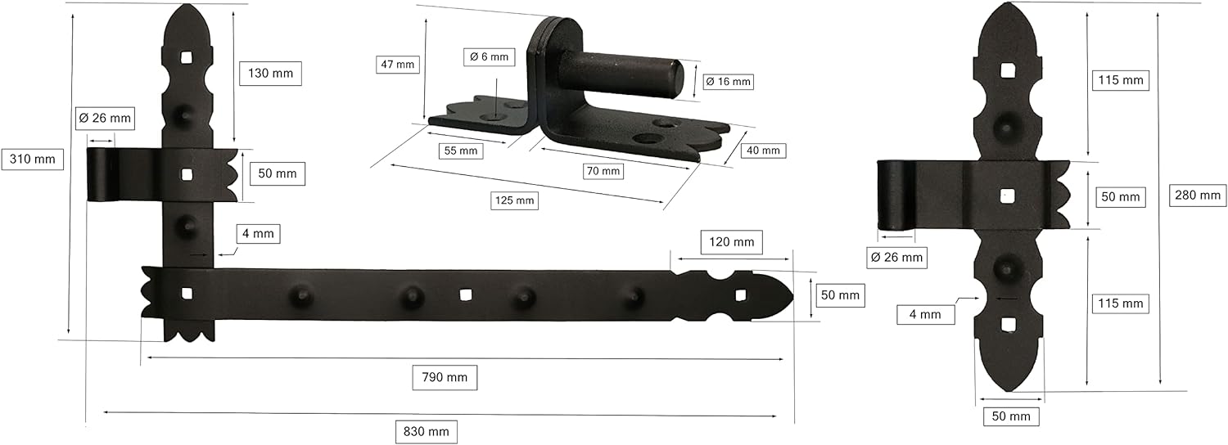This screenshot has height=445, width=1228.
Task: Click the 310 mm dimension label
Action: pyautogui.click(x=33, y=160)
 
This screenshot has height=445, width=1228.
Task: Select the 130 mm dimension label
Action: pyautogui.click(x=270, y=74)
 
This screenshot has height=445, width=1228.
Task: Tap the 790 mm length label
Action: pyautogui.click(x=445, y=378)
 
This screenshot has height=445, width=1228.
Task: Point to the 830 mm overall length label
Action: pyautogui.click(x=426, y=432)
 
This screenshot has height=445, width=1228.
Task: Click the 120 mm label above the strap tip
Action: pyautogui.click(x=731, y=242)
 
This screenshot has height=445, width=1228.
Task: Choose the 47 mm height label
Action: pyautogui.click(x=397, y=65)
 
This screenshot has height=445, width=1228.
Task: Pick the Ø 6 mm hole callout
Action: pyautogui.click(x=489, y=56)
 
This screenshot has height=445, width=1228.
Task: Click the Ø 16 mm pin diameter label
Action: pyautogui.click(x=728, y=82)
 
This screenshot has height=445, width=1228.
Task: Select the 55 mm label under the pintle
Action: pyautogui.click(x=461, y=151)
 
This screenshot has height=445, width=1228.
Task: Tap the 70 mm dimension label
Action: pyautogui.click(x=603, y=172)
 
